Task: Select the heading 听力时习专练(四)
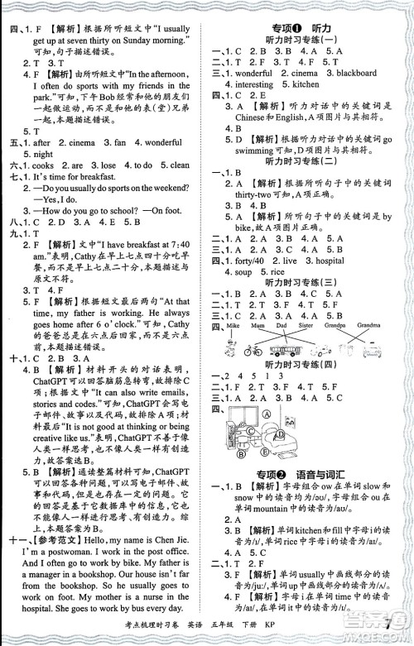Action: click(301, 365)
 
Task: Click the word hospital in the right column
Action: click(327, 261)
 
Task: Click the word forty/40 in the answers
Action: click(243, 261)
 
